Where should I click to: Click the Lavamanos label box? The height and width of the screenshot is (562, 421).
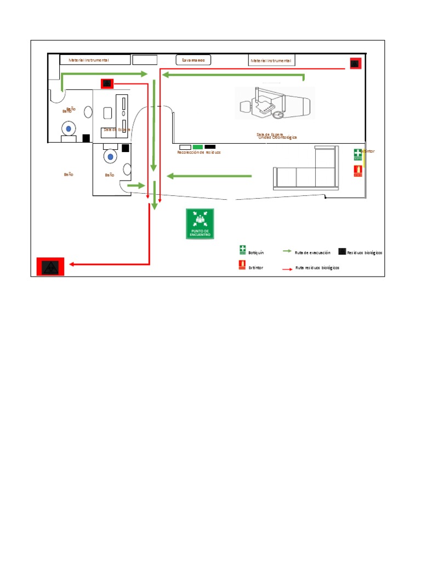[194, 60]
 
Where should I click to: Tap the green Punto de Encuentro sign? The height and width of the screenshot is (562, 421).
[200, 224]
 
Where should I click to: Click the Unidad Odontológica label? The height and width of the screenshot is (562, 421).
[277, 137]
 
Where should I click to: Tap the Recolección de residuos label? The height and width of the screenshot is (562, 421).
[199, 153]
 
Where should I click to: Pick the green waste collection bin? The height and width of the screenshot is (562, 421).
[198, 147]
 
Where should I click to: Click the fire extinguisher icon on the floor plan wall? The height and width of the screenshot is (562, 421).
[358, 171]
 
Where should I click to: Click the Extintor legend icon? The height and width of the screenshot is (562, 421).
[242, 266]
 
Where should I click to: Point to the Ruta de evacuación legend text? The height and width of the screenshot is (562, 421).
[312, 253]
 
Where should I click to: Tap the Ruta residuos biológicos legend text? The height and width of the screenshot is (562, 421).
[317, 268]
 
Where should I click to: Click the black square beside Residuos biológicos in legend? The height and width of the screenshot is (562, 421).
[342, 252]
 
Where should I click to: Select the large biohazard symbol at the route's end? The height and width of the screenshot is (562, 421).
[50, 267]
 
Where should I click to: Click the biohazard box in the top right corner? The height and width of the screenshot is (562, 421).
[355, 64]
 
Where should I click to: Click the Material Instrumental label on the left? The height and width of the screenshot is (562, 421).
[89, 60]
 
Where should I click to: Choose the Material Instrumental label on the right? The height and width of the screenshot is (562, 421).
[271, 60]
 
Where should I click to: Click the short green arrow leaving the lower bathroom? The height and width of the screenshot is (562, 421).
[134, 186]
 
